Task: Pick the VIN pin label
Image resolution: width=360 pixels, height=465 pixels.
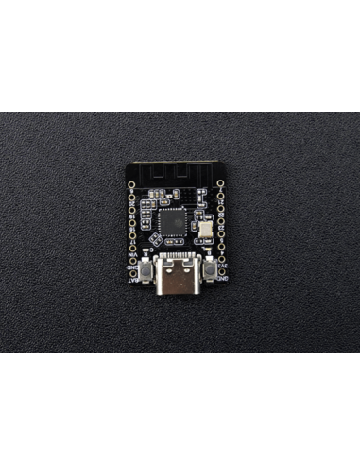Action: pyautogui.click(x=133, y=255)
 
